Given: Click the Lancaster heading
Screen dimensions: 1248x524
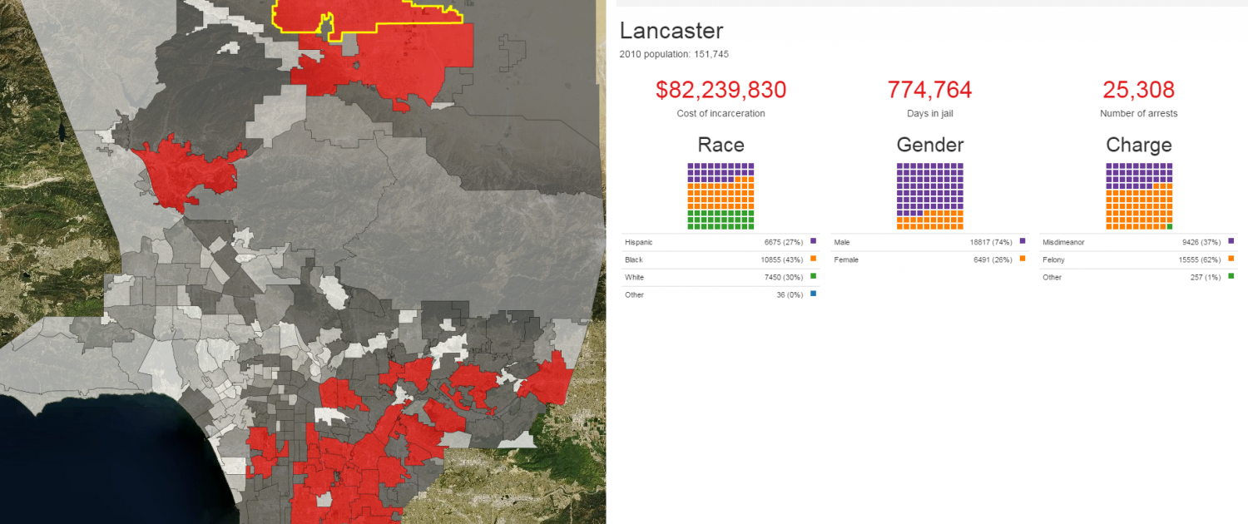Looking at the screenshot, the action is [671, 31].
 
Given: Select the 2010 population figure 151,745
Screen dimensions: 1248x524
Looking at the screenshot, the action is [711, 54].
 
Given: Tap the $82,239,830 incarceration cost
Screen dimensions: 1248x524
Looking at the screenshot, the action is [721, 90].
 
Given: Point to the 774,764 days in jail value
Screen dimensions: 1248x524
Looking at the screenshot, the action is [930, 90].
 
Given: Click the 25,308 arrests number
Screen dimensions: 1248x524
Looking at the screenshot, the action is [1139, 90].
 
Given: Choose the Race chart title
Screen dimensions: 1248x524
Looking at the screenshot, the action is [721, 145].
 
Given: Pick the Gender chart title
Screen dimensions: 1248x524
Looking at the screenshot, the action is [930, 145].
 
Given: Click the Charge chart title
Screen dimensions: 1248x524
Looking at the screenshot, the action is [1139, 145].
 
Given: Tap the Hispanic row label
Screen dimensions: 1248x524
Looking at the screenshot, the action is [638, 242].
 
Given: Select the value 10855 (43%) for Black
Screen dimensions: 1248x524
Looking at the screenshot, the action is [782, 260].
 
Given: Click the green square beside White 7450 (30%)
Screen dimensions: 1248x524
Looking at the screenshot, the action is [814, 276].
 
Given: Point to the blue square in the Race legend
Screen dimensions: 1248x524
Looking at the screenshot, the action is [814, 294].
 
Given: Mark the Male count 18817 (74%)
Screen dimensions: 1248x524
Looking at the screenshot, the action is [991, 242].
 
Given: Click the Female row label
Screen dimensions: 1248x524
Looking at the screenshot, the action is [846, 260].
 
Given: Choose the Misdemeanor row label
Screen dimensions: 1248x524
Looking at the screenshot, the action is [1063, 242].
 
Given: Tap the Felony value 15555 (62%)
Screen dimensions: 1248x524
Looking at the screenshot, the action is [1200, 260].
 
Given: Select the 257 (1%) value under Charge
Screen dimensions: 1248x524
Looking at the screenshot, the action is [1206, 277].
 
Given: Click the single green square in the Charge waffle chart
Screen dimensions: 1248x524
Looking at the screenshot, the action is [1170, 226].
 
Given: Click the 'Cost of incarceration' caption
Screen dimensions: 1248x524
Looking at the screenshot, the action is [721, 114].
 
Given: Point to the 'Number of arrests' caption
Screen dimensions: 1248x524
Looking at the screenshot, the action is [1139, 114].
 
